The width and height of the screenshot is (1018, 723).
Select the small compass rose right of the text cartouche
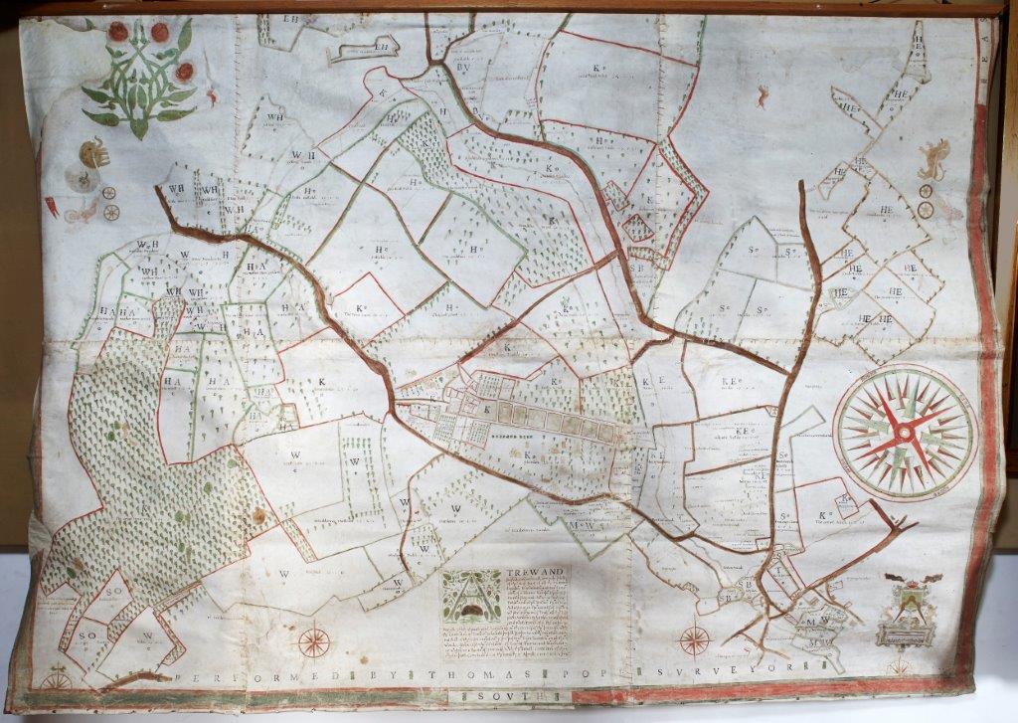(x=694, y=638)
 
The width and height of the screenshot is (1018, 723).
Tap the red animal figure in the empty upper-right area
(x=763, y=95)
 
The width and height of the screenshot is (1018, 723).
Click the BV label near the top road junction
(x=464, y=69)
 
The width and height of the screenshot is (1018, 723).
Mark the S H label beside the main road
(x=636, y=267)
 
